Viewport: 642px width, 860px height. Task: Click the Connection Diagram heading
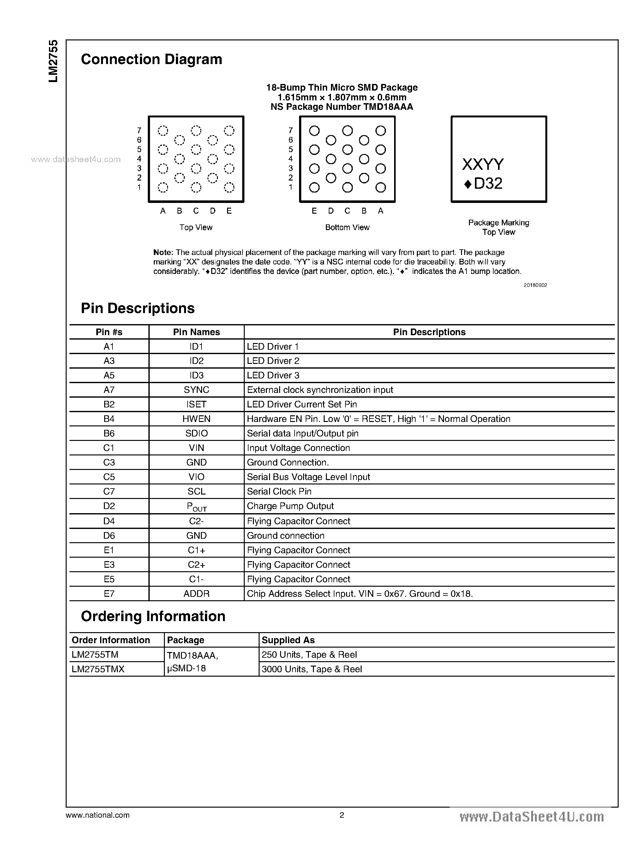pos(151,59)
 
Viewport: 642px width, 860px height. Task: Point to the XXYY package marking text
pos(482,165)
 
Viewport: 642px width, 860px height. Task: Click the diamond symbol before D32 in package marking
pos(468,184)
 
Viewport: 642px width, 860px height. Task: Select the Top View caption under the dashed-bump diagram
pos(196,227)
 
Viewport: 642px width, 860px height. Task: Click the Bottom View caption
pos(347,227)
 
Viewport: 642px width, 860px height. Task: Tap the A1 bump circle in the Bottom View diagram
pos(381,187)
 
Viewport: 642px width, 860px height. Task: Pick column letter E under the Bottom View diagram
pos(314,211)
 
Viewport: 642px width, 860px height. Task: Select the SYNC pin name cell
pos(196,389)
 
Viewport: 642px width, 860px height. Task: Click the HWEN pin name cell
pos(196,419)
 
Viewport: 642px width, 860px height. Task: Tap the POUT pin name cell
pos(196,507)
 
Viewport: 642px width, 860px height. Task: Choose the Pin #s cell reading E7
pos(109,594)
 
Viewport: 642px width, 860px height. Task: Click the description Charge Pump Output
pos(290,506)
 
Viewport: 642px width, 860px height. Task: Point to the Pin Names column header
pos(196,332)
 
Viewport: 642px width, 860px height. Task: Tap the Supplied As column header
pos(288,640)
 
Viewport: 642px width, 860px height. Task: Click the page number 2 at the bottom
pos(342,815)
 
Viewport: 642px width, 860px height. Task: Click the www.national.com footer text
pos(98,815)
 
